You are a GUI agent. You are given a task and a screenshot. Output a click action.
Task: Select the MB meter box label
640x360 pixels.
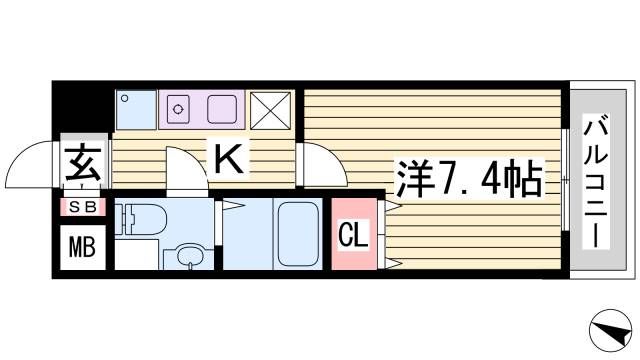[x=82, y=245]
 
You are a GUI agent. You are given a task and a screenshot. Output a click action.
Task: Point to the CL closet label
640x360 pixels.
[x=356, y=236]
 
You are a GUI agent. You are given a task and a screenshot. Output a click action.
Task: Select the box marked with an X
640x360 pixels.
[x=270, y=110]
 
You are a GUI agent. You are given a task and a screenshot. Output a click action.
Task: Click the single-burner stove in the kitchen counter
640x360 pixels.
[x=181, y=107]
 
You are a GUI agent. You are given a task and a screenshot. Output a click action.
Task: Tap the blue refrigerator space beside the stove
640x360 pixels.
[x=134, y=109]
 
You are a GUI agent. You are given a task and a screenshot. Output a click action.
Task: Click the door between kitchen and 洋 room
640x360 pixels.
[x=318, y=164]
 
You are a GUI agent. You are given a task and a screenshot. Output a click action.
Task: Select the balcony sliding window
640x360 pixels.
[x=564, y=180]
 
